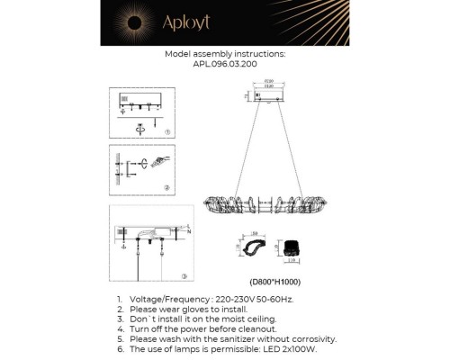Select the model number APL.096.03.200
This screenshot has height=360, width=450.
pyautogui.click(x=225, y=65)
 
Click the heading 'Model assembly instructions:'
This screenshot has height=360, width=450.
pyautogui.click(x=225, y=54)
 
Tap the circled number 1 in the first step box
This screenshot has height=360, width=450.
pyautogui.click(x=167, y=132)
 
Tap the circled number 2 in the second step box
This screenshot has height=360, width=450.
pyautogui.click(x=167, y=187)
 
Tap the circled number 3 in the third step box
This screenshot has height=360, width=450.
pyautogui.click(x=183, y=276)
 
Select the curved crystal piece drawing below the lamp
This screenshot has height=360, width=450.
pyautogui.click(x=251, y=248)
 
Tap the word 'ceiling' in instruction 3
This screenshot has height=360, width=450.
pyautogui.click(x=257, y=319)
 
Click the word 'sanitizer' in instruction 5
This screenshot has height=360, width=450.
pyautogui.click(x=228, y=338)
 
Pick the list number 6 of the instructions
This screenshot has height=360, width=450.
pyautogui.click(x=120, y=348)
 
